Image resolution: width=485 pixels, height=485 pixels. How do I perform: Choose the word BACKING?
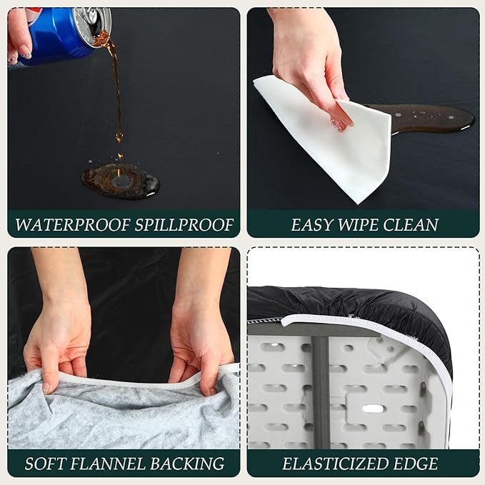point(186,464)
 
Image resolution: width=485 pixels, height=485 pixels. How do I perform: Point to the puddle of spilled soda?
point(120,181)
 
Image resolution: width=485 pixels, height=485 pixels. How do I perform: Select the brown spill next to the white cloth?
point(429,116)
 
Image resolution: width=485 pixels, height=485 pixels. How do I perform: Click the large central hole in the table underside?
point(374,410)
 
